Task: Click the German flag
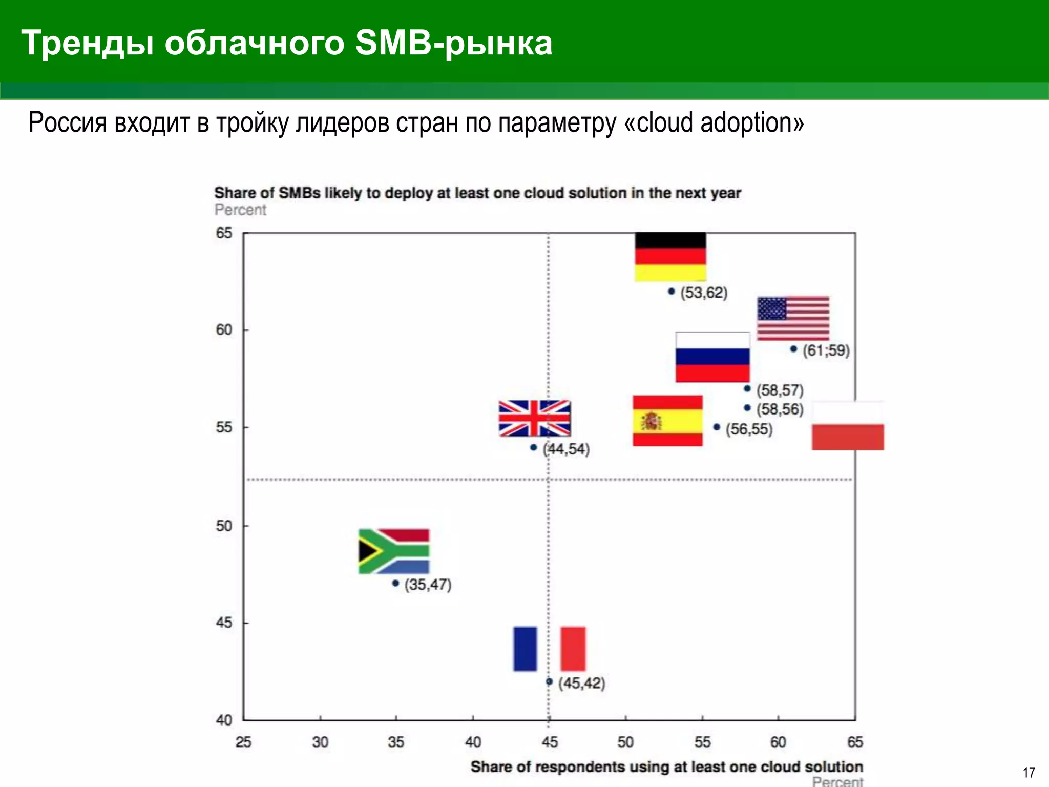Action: point(670,256)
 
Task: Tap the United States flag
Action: point(793,318)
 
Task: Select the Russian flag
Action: point(712,357)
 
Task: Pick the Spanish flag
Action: point(667,420)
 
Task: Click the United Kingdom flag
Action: point(534,418)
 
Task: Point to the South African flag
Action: point(393,551)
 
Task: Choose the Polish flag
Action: point(848,426)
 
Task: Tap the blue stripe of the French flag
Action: point(525,648)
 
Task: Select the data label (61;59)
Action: point(826,351)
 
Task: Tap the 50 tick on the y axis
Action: point(224,526)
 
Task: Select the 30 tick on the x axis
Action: point(320,742)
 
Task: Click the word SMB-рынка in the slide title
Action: point(453,43)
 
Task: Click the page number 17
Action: point(1029,772)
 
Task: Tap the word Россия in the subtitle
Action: point(68,123)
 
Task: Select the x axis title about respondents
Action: point(666,767)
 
